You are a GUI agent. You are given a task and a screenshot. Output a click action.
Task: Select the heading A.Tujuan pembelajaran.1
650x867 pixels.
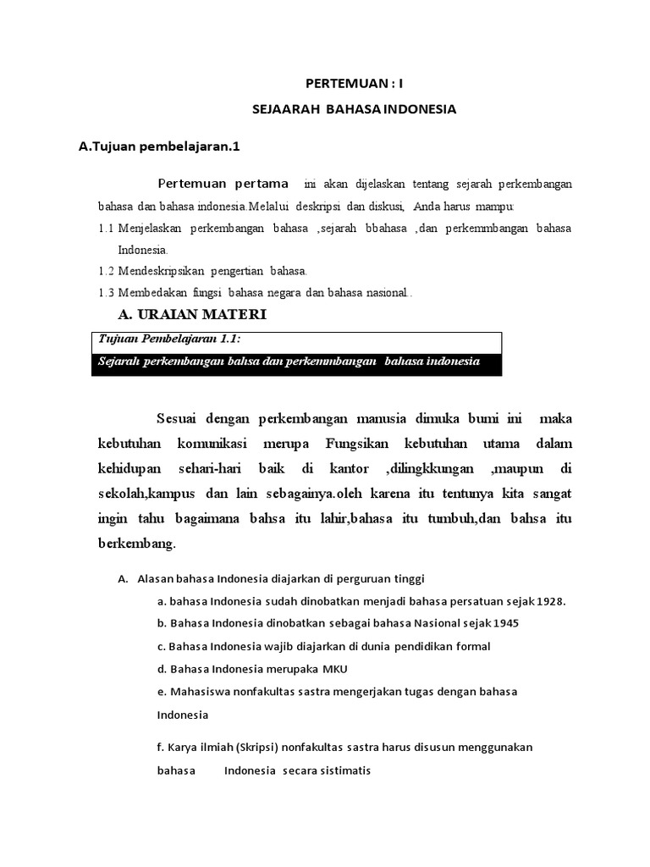pyautogui.click(x=160, y=146)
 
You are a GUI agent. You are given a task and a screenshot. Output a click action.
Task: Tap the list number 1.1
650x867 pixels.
pyautogui.click(x=107, y=229)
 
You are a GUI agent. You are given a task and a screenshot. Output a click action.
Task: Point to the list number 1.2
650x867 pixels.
pyautogui.click(x=107, y=271)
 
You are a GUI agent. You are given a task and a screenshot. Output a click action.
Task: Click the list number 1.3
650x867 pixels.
pyautogui.click(x=107, y=292)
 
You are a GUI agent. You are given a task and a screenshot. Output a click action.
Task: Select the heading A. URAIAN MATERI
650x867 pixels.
pyautogui.click(x=190, y=315)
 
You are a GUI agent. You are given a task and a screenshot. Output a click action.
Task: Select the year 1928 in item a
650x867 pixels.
pyautogui.click(x=548, y=601)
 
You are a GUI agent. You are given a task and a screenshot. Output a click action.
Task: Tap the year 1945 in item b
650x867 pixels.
pyautogui.click(x=504, y=623)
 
